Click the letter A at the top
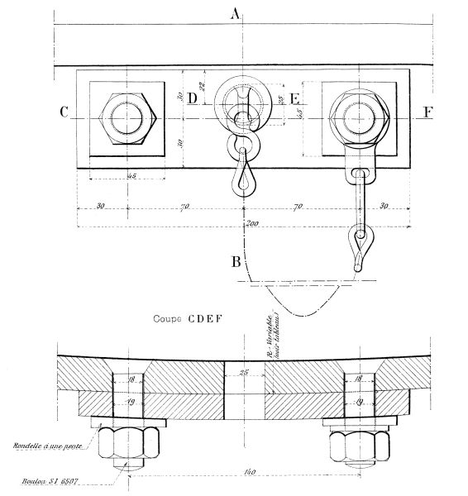[236, 12]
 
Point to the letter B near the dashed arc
[236, 264]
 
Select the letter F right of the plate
[426, 114]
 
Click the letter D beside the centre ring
[192, 99]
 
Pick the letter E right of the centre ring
[294, 99]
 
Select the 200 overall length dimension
[245, 224]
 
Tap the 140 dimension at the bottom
[242, 473]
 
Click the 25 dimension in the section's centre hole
[243, 374]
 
